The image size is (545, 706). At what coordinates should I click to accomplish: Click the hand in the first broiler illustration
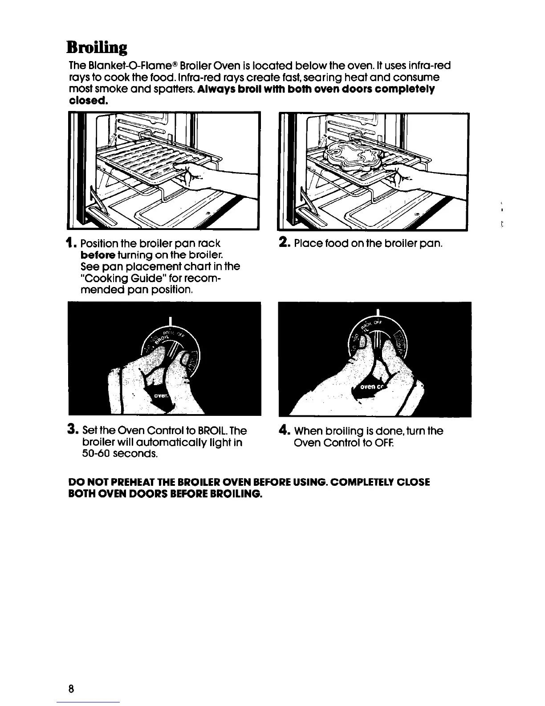[x=209, y=175]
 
